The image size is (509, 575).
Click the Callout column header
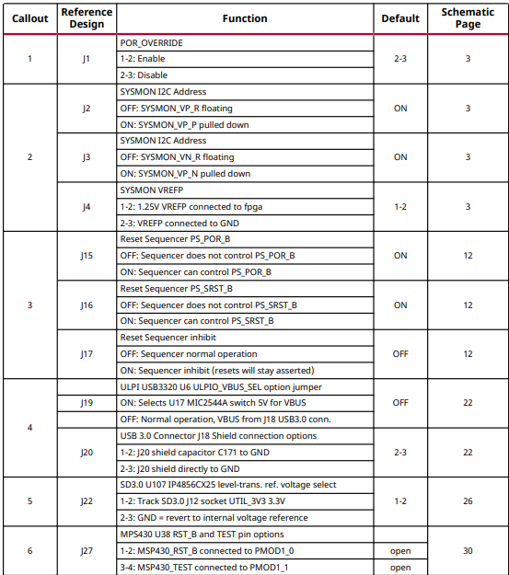coord(30,18)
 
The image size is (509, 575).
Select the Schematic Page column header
coord(468,18)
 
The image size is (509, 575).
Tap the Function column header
coord(245,18)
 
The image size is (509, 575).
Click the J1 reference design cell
coord(87,59)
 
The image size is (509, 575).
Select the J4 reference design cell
coord(87,206)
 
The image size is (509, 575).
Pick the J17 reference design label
coord(87,354)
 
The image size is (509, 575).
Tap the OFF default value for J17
coord(400,354)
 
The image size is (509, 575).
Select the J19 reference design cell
coord(87,403)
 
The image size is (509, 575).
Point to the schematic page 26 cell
coord(468,501)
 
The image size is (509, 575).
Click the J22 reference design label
coord(87,501)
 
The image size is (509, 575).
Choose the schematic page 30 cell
coord(468,551)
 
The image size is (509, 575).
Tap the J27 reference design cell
coord(87,551)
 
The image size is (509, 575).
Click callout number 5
coord(30,501)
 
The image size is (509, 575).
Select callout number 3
coord(30,305)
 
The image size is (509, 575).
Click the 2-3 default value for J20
coord(400,453)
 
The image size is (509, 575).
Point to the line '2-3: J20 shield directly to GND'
coord(180,469)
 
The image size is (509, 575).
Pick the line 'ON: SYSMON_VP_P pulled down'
coord(185,124)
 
